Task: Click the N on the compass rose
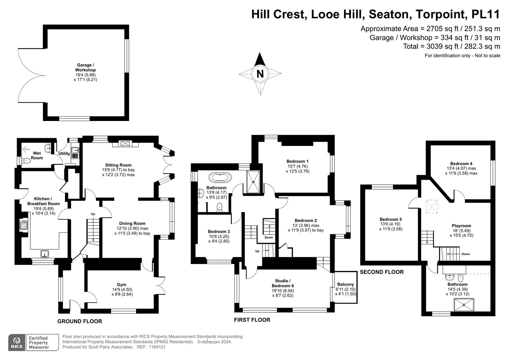[x=260, y=74]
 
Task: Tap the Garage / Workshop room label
[x=85, y=67]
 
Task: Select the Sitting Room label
[x=118, y=165]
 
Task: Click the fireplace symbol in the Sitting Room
[x=125, y=144]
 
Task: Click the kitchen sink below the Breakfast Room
[x=44, y=254]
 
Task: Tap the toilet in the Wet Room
[x=26, y=161]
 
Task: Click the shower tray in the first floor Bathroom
[x=253, y=182]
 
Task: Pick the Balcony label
[x=345, y=284]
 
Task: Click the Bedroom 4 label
[x=461, y=163]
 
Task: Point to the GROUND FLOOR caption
[x=80, y=321]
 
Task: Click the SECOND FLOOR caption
[x=382, y=272]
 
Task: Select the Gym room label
[x=121, y=285]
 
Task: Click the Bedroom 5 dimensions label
[x=391, y=227]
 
